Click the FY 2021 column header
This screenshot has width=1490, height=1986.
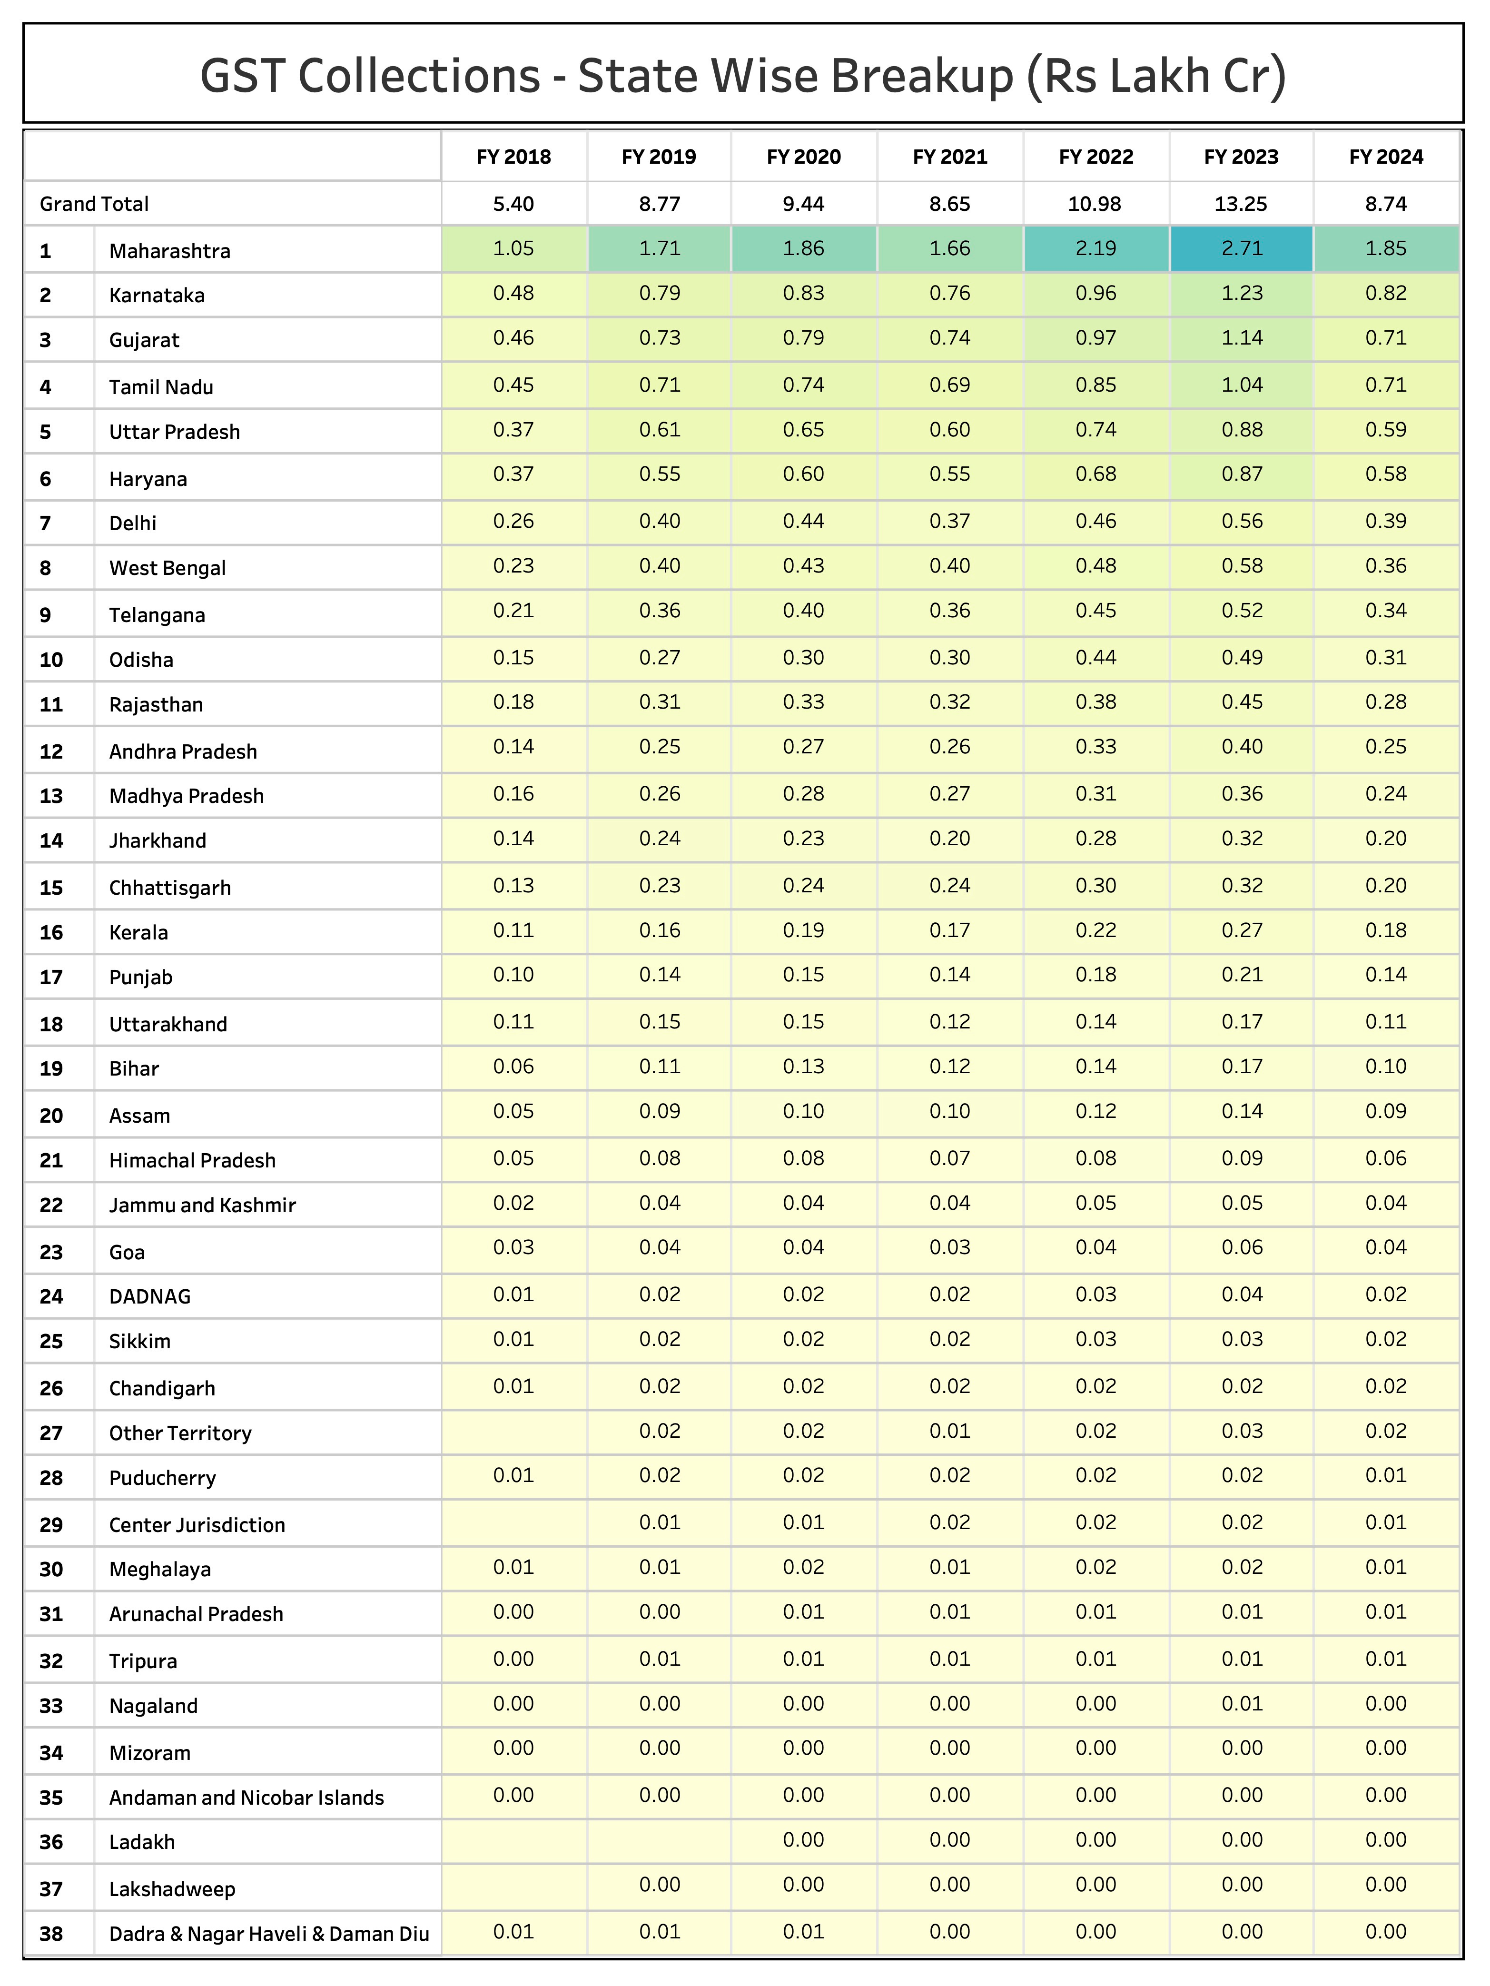coord(950,157)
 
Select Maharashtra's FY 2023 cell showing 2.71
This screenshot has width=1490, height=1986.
coord(1242,249)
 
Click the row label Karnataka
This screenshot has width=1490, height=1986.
coord(157,296)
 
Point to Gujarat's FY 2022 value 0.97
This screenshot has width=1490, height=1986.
coord(1096,338)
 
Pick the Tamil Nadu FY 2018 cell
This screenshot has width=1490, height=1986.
coord(513,385)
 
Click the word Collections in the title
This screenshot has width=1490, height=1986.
coord(419,75)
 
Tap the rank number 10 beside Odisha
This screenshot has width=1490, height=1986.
coord(51,660)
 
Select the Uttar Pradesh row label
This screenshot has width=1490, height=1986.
coord(174,432)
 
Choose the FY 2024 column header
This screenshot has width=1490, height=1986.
coord(1386,157)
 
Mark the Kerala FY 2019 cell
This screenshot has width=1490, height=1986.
coord(660,930)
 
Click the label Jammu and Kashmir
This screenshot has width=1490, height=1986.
coord(202,1205)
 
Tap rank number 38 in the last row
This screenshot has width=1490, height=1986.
coord(51,1933)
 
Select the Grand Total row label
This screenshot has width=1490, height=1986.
coord(94,204)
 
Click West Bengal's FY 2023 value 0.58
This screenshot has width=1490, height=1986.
coord(1242,566)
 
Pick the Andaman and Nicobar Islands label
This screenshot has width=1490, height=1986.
coord(246,1798)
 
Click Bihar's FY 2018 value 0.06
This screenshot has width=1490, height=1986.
coord(513,1067)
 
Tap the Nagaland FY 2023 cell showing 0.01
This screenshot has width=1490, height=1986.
coord(1242,1704)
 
